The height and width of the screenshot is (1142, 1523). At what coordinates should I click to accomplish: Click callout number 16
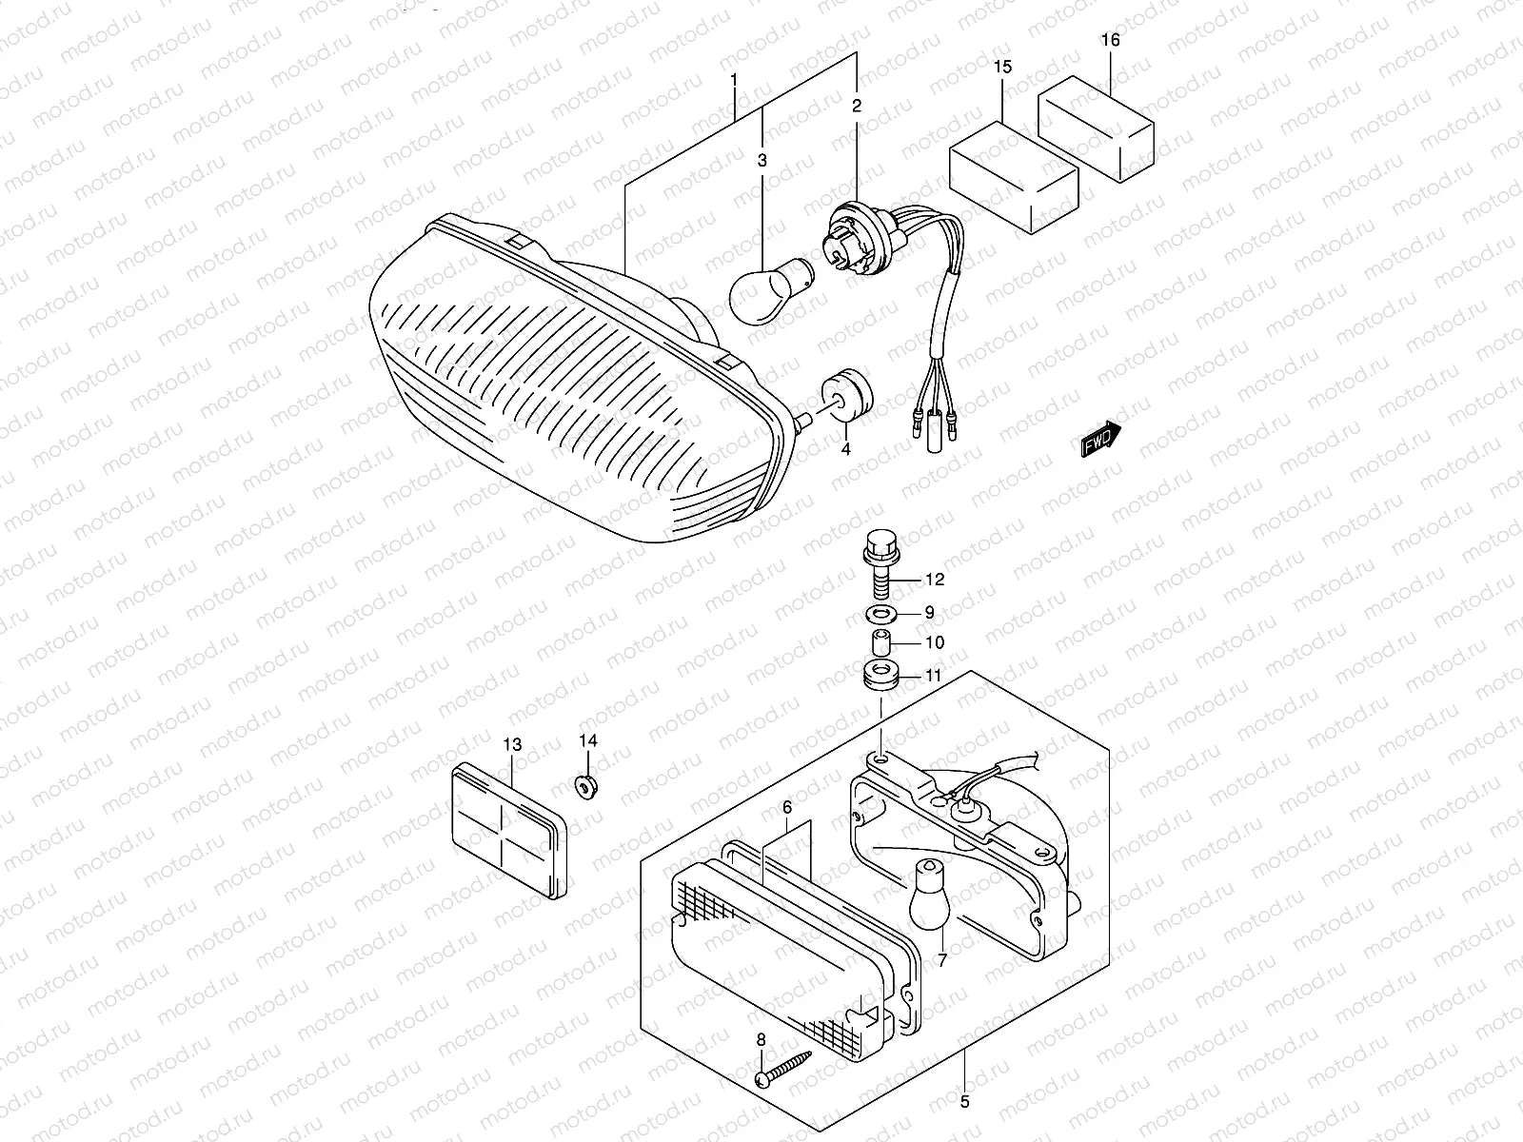1111,41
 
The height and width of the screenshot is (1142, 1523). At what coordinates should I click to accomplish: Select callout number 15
1003,68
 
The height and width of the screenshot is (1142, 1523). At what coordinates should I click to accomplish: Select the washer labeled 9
880,613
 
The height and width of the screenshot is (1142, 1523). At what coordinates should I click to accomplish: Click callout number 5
965,1104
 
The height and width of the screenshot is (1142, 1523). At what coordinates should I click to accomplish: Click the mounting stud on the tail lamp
801,419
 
